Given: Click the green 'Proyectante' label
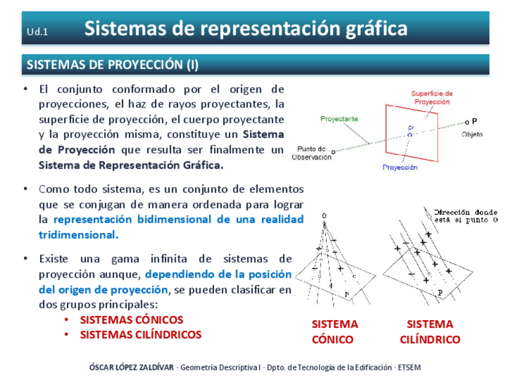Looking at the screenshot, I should click(339, 119).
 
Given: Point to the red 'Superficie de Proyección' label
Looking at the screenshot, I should click(432, 97).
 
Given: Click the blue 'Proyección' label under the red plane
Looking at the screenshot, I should click(400, 167).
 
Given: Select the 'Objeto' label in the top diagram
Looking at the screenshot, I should click(472, 134).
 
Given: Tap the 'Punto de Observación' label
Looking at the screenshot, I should click(311, 153).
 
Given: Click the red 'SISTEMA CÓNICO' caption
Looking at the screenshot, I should click(334, 332).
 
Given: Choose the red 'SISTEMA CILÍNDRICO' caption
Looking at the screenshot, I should click(430, 332).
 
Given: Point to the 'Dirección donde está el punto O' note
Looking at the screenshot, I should click(466, 216).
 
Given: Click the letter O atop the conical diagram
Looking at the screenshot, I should click(323, 215).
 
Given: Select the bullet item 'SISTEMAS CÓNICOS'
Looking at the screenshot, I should click(132, 320).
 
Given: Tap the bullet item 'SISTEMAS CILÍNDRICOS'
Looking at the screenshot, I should click(141, 335).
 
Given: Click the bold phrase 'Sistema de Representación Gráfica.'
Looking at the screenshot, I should click(130, 164).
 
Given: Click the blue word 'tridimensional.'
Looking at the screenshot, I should click(78, 234).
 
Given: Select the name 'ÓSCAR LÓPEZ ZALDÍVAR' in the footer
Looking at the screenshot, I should click(131, 367).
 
